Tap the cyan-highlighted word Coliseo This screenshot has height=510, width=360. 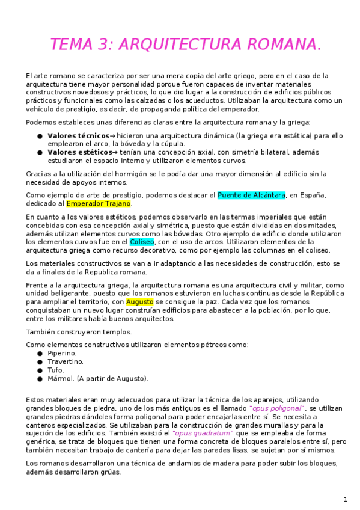(x=142, y=242)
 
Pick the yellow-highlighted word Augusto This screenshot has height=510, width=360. (x=140, y=301)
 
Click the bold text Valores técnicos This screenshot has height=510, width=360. (x=78, y=136)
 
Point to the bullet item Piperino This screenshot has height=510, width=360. (x=62, y=353)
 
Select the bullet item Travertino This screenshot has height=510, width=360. (x=66, y=361)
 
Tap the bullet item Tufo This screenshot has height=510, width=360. (x=56, y=370)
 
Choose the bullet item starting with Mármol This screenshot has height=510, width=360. (x=97, y=378)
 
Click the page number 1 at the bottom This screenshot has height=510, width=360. (x=346, y=499)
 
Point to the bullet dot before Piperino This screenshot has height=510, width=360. (x=40, y=354)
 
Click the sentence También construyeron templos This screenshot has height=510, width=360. (x=79, y=331)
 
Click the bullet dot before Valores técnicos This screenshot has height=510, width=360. (x=40, y=137)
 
